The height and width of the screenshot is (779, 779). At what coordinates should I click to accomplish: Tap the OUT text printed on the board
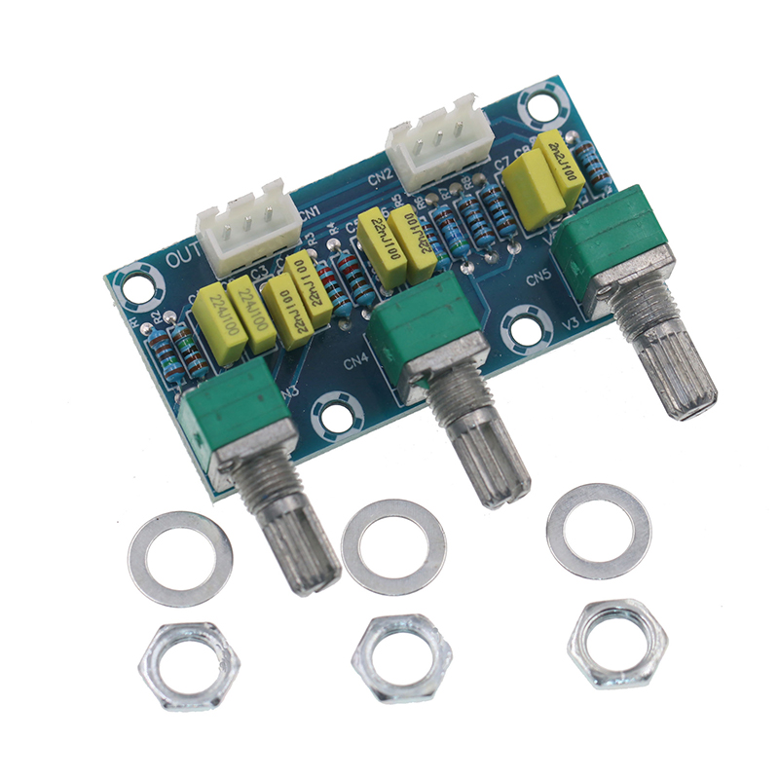point(183,259)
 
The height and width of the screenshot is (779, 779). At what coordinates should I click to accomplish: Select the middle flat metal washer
point(394,546)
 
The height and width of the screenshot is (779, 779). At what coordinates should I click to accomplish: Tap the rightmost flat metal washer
point(598,531)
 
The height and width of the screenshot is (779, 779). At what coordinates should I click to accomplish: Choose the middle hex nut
point(401,649)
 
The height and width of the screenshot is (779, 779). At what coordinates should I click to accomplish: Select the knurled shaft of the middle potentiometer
point(493,459)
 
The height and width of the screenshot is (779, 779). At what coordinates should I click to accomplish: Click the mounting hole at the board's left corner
point(134,285)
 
